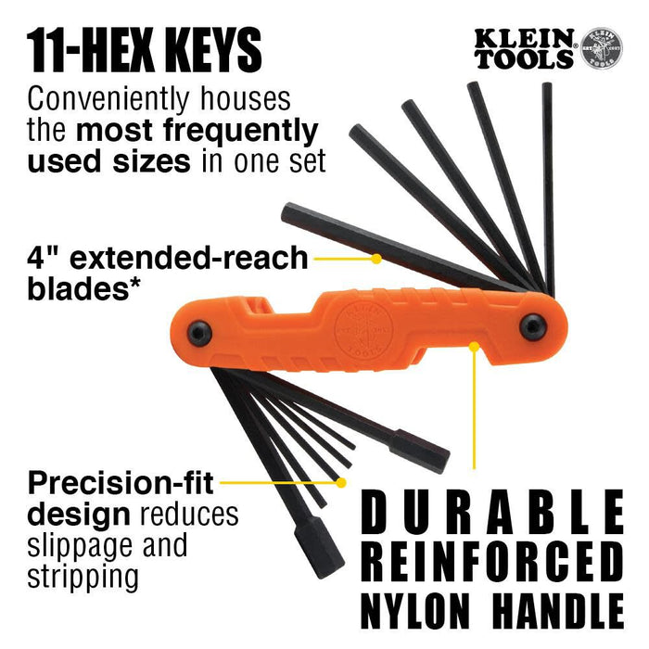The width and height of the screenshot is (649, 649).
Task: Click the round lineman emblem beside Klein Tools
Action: (601, 47)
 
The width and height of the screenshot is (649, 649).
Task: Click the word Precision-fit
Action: (121, 482)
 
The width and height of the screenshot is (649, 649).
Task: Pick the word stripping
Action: (83, 576)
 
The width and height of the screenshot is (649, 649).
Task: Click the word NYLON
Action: (418, 611)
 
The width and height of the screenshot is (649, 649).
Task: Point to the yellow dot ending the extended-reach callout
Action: (375, 259)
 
